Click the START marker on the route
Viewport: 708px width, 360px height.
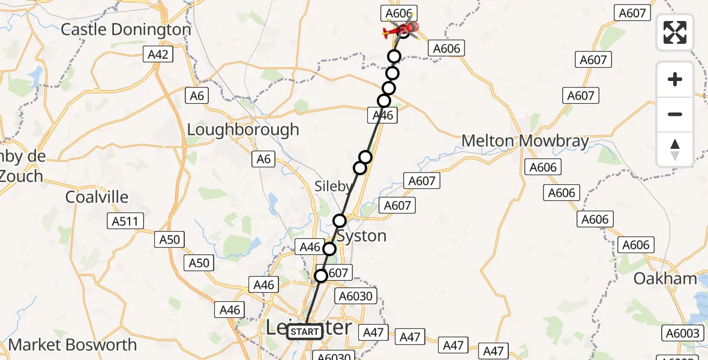pyautogui.click(x=305, y=332)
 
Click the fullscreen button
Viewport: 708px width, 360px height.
pyautogui.click(x=675, y=32)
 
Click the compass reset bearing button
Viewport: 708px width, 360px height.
pyautogui.click(x=675, y=149)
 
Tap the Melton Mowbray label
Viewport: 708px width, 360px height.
pyautogui.click(x=525, y=141)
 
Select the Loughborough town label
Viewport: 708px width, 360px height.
pyautogui.click(x=243, y=130)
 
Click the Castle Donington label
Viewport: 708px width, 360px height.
pyautogui.click(x=126, y=29)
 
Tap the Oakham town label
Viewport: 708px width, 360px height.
pyautogui.click(x=666, y=278)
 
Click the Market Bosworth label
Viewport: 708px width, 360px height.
pyautogui.click(x=73, y=345)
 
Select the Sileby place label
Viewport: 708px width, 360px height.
pyautogui.click(x=333, y=187)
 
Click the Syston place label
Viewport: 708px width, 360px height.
pyautogui.click(x=361, y=236)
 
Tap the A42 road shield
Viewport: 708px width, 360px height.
pyautogui.click(x=159, y=55)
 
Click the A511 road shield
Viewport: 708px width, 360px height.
pyautogui.click(x=125, y=221)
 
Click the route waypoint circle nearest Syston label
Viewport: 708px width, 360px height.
pyautogui.click(x=340, y=220)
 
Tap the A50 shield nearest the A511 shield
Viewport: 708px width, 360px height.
pyautogui.click(x=169, y=240)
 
